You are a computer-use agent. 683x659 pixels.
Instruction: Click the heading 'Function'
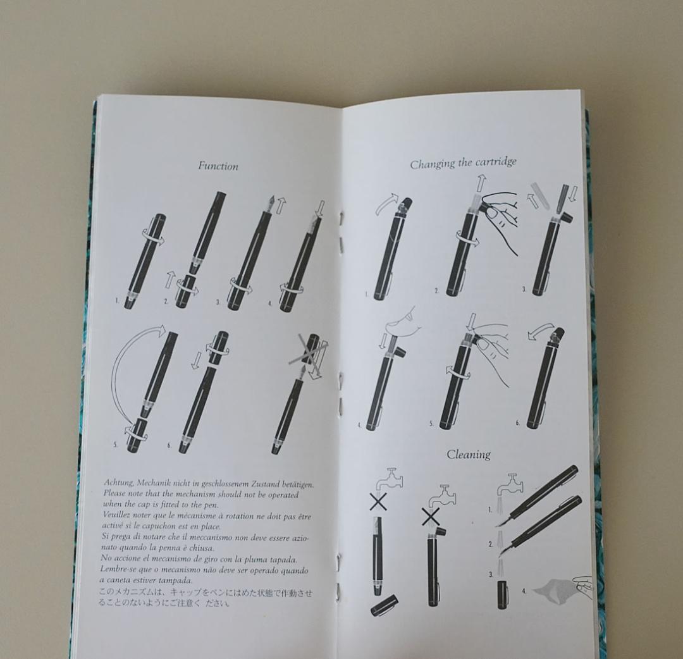(218, 166)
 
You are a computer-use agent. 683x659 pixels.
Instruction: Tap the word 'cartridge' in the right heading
(493, 162)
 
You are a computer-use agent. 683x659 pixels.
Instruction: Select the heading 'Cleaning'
(469, 454)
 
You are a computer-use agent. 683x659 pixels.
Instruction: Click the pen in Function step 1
(145, 260)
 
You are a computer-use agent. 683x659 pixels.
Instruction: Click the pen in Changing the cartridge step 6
(543, 379)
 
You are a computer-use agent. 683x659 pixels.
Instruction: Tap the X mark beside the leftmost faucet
(379, 502)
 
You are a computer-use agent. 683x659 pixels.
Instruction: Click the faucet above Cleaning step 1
(510, 484)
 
